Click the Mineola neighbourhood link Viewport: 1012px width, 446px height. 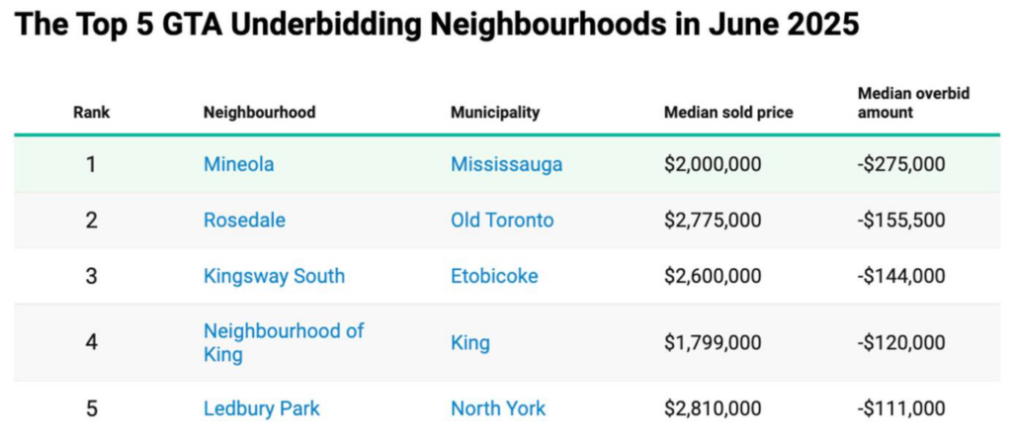(x=238, y=164)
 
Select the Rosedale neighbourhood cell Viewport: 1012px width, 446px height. (x=244, y=221)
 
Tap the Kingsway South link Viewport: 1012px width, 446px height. (x=274, y=276)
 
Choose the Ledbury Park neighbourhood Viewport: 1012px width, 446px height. (x=261, y=408)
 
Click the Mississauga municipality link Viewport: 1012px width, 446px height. (x=506, y=164)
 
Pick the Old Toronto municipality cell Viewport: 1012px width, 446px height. (x=502, y=221)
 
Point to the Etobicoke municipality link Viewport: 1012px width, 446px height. (x=494, y=276)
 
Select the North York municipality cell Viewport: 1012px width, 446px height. (x=498, y=408)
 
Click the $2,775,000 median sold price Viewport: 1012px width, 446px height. (x=713, y=221)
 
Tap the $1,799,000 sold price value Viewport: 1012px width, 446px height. (x=713, y=343)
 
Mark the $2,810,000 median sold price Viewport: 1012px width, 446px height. (x=713, y=408)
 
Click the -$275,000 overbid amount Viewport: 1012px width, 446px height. (x=900, y=164)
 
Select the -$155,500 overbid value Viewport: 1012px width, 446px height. (x=900, y=221)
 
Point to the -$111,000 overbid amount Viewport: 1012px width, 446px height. (x=900, y=408)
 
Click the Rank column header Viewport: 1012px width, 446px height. (x=91, y=113)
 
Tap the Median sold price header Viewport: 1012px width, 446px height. (x=728, y=113)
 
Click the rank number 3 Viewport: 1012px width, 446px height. (x=91, y=276)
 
